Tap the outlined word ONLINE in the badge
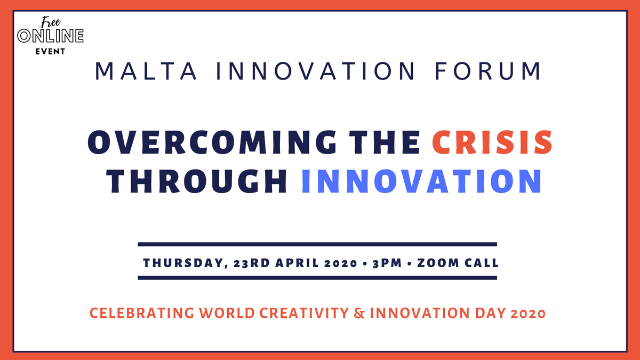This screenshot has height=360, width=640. [x=51, y=37]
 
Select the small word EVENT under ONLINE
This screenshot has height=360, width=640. [x=51, y=52]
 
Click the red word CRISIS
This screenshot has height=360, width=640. [x=492, y=143]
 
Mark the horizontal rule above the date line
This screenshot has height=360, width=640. [x=317, y=244]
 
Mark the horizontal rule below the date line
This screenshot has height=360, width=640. [x=317, y=277]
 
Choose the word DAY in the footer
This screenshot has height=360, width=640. [x=490, y=314]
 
